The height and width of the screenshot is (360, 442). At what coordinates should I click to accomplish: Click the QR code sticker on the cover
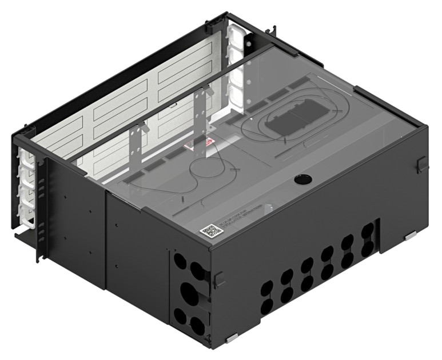click(x=211, y=231)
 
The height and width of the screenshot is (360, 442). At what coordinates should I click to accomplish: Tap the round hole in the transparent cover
click(x=301, y=180)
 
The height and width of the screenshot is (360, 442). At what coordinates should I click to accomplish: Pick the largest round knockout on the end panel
click(x=189, y=294)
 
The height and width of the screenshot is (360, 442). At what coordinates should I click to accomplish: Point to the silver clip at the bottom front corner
click(x=232, y=339)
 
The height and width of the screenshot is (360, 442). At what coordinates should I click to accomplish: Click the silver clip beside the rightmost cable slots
click(x=409, y=235)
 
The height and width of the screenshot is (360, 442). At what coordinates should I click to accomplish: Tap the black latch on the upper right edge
click(x=421, y=165)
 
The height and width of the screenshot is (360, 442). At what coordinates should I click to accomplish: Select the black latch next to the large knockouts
click(x=218, y=280)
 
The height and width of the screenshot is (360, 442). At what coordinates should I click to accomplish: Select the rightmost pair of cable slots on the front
click(x=368, y=239)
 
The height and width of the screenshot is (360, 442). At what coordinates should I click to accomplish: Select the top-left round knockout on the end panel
click(x=180, y=262)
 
